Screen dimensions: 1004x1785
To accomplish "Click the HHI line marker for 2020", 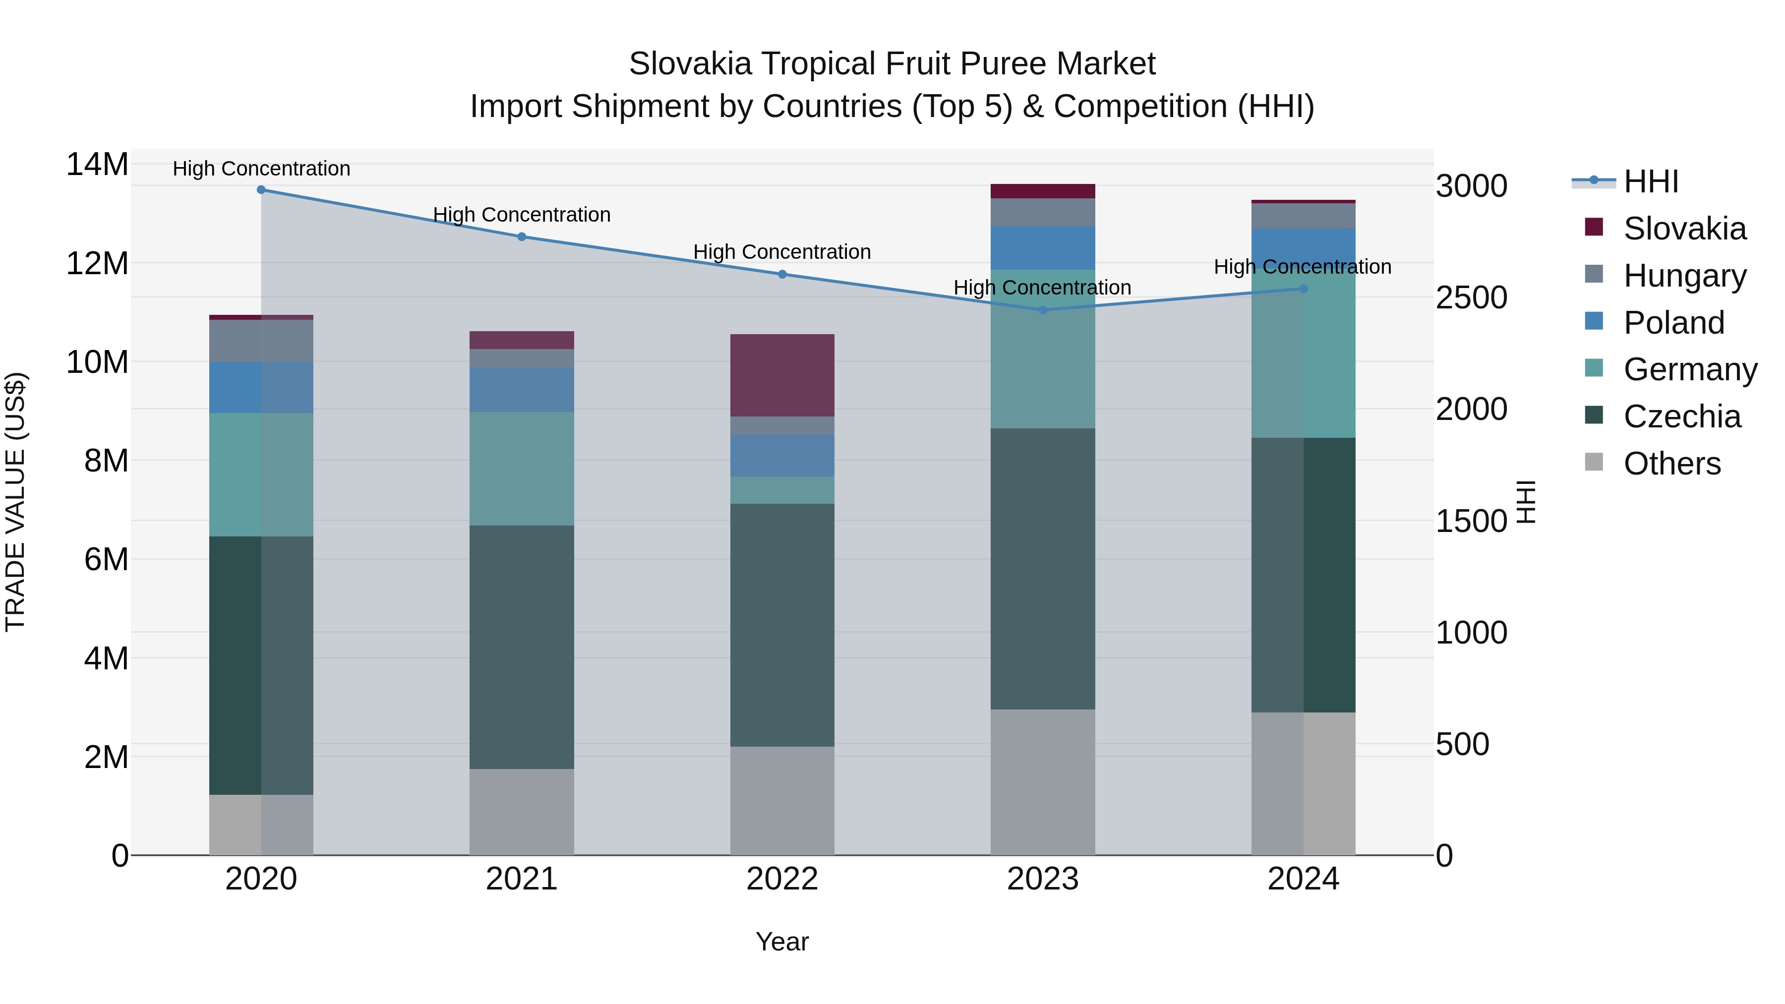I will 261,190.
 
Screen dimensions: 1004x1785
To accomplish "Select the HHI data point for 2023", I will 1043,310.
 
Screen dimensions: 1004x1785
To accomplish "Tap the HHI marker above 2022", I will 782,274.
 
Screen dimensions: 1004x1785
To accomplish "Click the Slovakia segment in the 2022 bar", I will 782,375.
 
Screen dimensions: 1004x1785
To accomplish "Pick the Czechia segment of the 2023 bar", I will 1043,568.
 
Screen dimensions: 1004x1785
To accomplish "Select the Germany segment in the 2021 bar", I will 522,469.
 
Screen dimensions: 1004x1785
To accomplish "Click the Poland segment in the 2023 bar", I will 1043,248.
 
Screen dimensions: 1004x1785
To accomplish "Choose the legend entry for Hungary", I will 1684,276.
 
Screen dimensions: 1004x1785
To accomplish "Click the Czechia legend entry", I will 1682,416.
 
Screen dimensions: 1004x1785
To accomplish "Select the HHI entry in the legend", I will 1651,181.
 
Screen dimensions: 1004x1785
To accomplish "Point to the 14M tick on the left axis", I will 97,165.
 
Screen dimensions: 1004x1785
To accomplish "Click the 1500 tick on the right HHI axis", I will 1471,521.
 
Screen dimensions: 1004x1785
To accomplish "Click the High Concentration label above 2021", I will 522,215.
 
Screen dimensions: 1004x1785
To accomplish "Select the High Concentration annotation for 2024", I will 1303,267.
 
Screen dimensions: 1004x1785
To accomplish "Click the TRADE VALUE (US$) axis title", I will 16,502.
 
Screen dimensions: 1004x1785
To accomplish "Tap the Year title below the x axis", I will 782,942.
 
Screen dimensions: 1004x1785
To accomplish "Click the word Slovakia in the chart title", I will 690,64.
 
